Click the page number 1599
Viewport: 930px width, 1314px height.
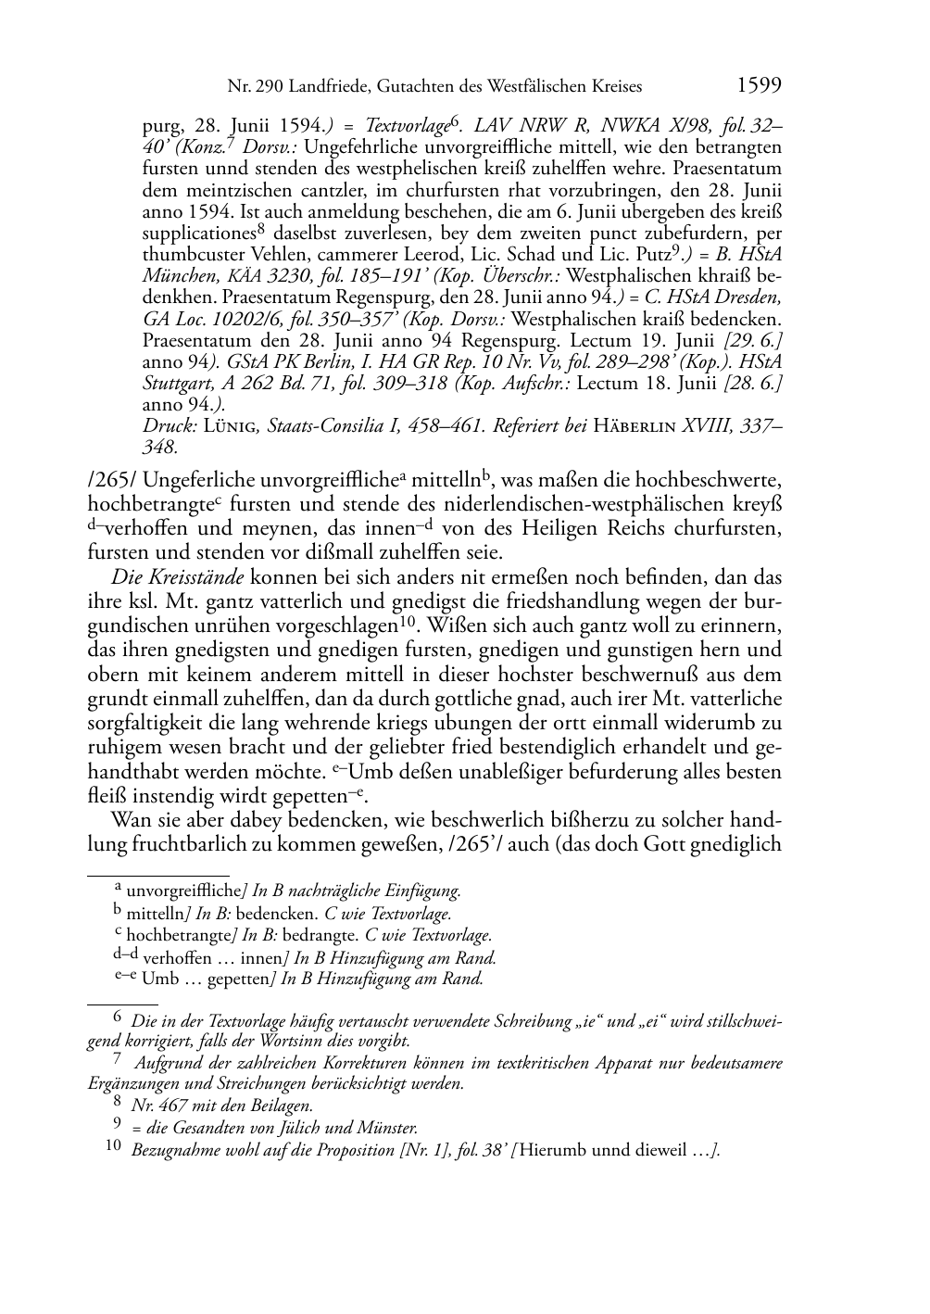tap(759, 86)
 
